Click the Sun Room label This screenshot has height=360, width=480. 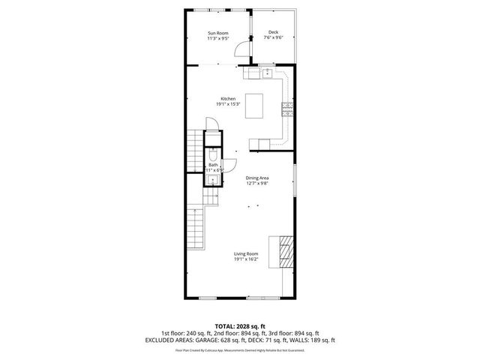click(218, 33)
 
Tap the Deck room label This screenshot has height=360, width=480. click(273, 32)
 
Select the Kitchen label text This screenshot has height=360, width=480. click(228, 98)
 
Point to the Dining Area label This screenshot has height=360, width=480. click(257, 178)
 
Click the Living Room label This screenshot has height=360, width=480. click(246, 254)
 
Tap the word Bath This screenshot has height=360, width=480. click(214, 164)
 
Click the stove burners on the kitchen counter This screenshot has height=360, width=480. click(286, 109)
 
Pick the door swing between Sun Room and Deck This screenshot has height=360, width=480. click(242, 49)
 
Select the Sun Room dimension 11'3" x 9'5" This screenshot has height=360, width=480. click(218, 38)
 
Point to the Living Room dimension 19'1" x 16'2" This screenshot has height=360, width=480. click(246, 259)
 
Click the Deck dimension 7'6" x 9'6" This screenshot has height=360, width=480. click(273, 38)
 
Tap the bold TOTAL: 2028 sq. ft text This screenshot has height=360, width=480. click(240, 326)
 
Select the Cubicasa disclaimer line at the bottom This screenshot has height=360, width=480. click(240, 350)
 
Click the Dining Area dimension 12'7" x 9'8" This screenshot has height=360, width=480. click(257, 183)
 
